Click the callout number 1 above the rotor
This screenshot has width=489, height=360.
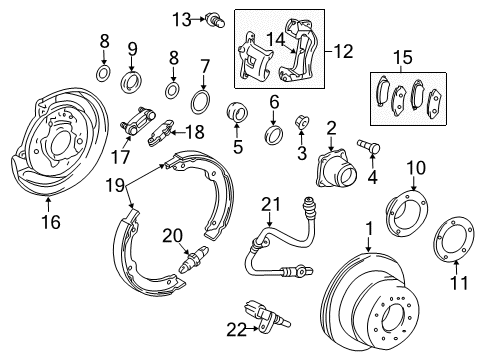pos(369,229)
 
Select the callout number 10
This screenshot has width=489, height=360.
pos(414,166)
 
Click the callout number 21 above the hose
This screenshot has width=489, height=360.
pos(267,205)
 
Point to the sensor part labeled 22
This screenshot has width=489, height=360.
pos(266,319)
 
